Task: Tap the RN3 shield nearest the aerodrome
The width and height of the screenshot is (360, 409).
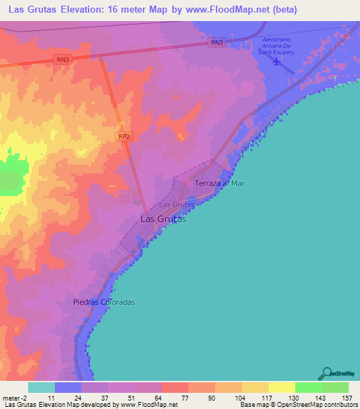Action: pos(217,43)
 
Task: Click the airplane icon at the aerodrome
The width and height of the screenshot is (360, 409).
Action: pos(275,61)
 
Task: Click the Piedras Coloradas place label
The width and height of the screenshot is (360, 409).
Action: pos(103,301)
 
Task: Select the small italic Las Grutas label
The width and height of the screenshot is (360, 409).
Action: pos(176,204)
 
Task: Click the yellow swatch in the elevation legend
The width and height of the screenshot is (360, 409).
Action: pos(282,387)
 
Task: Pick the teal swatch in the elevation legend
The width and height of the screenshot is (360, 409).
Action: pos(41,387)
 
